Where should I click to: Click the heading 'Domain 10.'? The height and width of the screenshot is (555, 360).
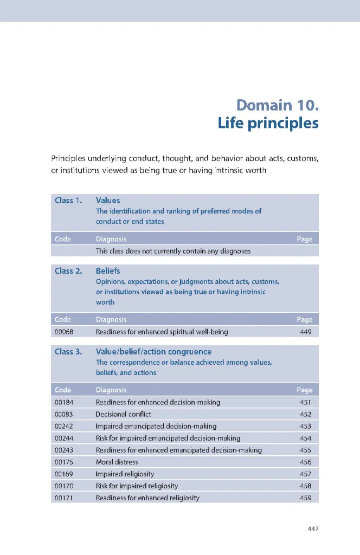tap(277, 104)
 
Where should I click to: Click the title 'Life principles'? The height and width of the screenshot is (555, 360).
tap(268, 123)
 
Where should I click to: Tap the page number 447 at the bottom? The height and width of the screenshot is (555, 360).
tap(311, 528)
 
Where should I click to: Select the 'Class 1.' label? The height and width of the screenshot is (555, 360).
tap(68, 201)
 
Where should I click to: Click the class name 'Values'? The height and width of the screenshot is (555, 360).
tap(108, 201)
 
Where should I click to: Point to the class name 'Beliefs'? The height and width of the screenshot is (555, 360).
tap(108, 271)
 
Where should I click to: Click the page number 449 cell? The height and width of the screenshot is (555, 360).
tap(305, 332)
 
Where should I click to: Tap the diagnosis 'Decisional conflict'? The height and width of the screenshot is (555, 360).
tap(123, 414)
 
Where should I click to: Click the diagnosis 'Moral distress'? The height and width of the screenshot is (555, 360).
tap(117, 462)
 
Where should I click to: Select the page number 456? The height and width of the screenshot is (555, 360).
tap(305, 462)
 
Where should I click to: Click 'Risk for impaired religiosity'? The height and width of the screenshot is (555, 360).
tap(137, 486)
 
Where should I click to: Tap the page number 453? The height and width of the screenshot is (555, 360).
tap(305, 426)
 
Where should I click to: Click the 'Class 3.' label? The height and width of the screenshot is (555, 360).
tap(68, 352)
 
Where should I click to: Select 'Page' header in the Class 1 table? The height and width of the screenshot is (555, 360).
tap(304, 239)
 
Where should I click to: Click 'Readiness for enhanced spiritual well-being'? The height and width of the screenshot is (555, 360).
tap(162, 332)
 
